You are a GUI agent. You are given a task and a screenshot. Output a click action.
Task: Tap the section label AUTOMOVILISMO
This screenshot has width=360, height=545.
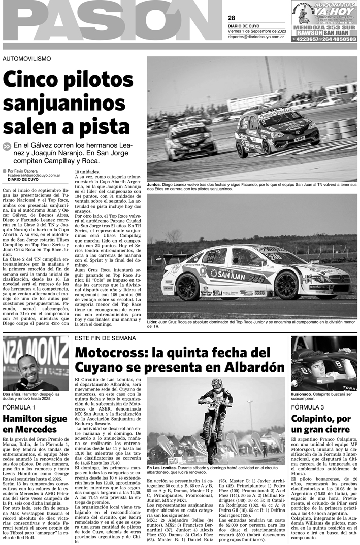pos(27,59)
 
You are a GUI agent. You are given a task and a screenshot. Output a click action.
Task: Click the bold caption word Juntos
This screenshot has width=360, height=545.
pos(154,184)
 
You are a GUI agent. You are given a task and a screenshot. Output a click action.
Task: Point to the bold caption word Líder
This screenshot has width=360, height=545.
pos(154,322)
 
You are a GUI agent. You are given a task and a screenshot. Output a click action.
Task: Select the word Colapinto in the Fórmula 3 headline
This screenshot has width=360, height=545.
pos(314,419)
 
